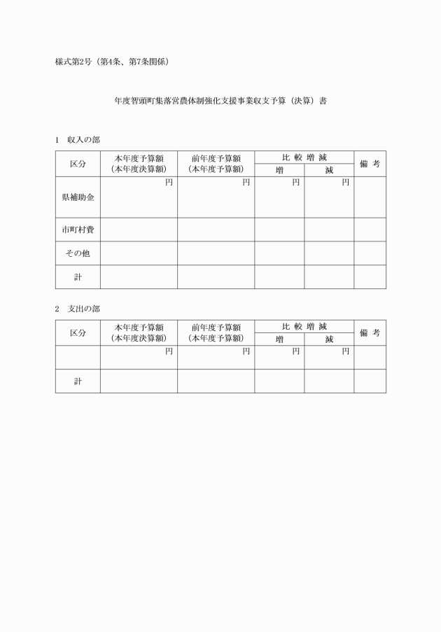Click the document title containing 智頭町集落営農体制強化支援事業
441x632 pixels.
coord(220,101)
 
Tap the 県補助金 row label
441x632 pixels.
coord(78,197)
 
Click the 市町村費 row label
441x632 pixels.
coord(78,230)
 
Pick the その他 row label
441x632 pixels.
coord(78,253)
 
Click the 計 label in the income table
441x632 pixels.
coord(78,277)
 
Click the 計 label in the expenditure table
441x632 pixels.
coord(78,381)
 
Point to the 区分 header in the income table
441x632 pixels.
coord(78,164)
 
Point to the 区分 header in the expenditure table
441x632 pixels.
coord(78,333)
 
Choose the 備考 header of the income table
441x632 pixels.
coord(370,164)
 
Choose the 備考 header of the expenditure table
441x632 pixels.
coord(370,333)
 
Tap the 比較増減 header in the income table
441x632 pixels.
coord(304,157)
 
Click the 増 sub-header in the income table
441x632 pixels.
coord(279,170)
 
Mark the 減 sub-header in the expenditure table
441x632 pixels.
coord(329,339)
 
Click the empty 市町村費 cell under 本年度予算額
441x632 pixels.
coord(139,230)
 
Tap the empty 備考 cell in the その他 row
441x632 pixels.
coord(370,253)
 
